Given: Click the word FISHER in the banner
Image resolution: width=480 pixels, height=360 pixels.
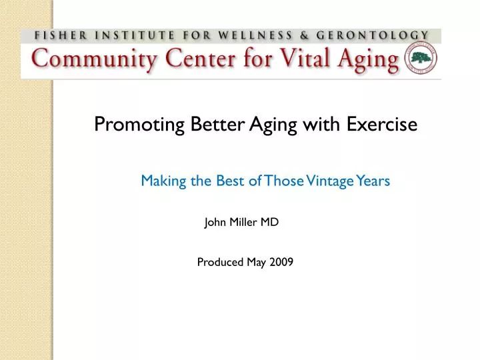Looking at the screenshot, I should [x=55, y=35].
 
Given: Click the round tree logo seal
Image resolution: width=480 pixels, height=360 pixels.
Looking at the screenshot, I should [x=421, y=61].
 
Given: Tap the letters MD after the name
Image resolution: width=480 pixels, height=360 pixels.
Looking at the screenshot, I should [x=270, y=223].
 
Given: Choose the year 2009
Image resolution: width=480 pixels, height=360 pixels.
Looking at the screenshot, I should [x=281, y=262].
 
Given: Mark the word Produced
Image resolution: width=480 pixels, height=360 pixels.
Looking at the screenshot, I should [x=220, y=262].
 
